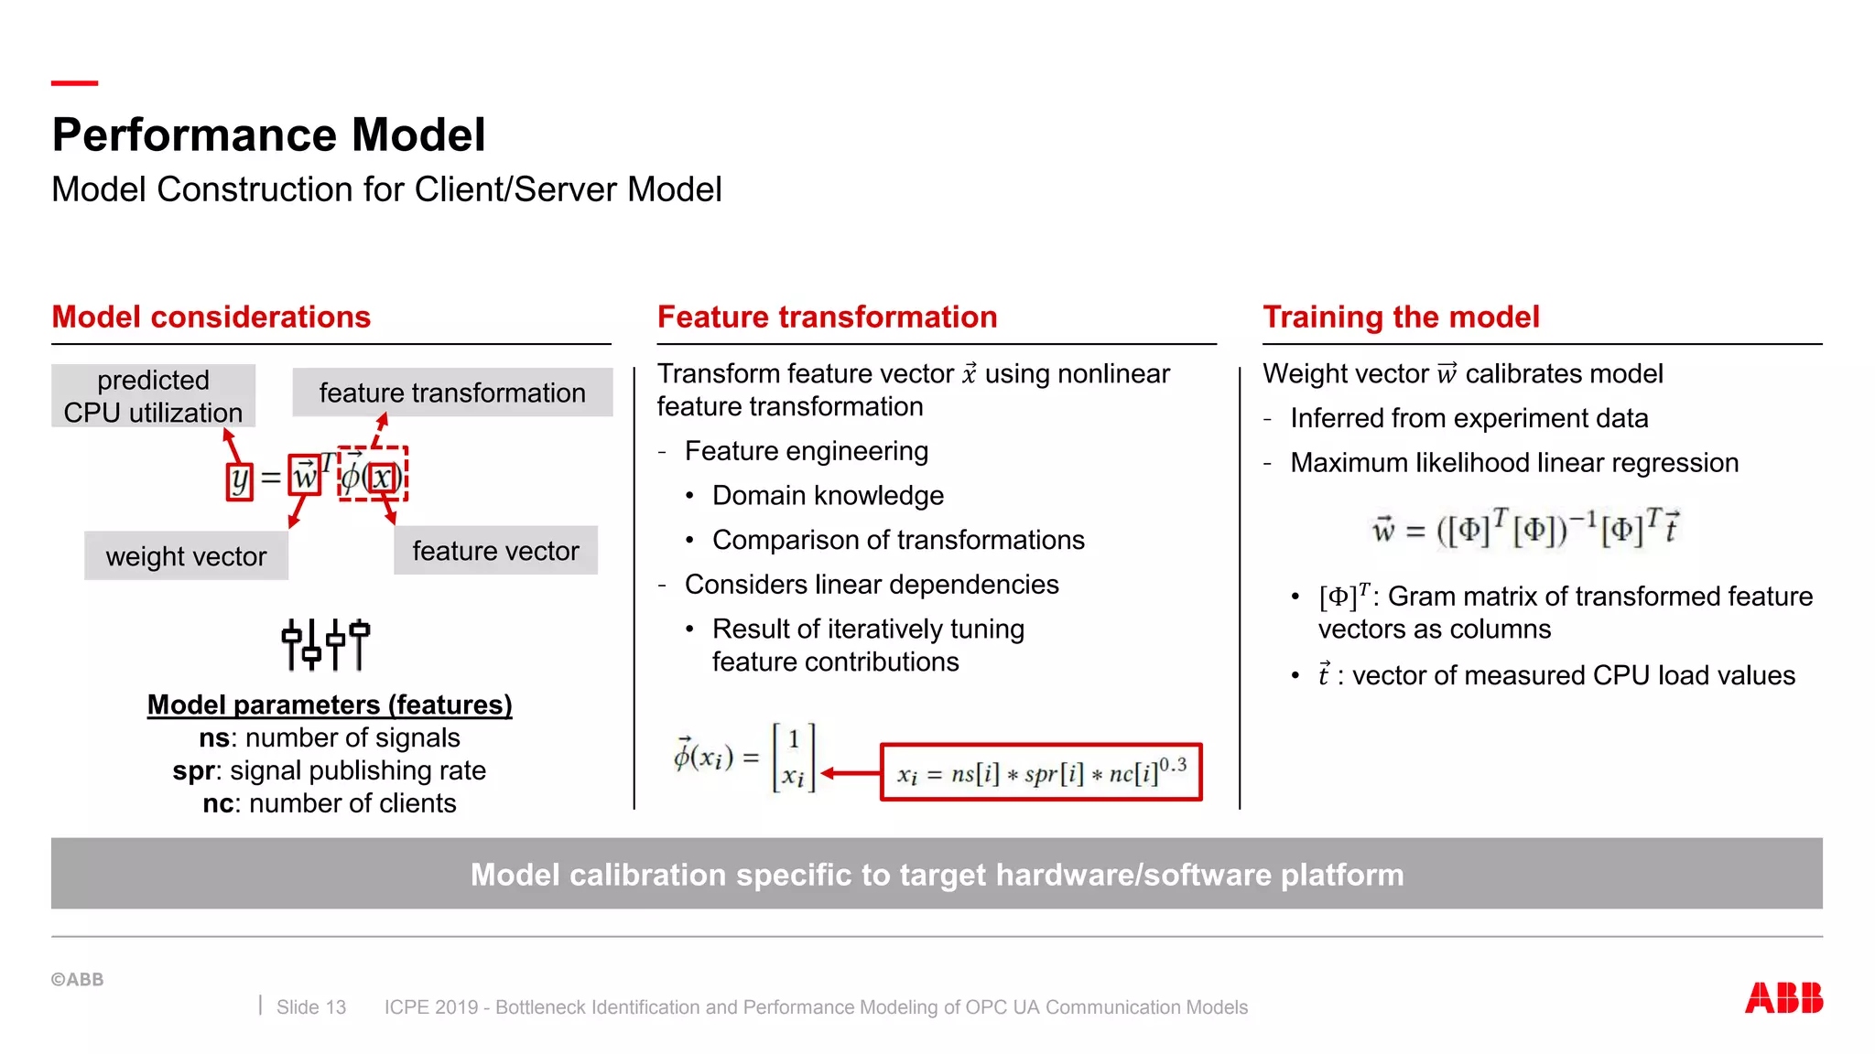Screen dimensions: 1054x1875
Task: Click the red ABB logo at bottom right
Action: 1783,997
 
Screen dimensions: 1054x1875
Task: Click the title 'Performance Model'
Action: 268,134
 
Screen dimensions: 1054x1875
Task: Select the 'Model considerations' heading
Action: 211,317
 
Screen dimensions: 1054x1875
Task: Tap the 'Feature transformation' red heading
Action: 827,317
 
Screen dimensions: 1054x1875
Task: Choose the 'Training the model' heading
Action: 1401,317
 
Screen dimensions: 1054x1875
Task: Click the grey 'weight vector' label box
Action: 186,555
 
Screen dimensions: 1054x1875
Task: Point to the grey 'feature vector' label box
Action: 495,550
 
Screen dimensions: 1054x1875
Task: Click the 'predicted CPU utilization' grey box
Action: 153,396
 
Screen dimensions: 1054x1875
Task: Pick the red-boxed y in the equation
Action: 239,479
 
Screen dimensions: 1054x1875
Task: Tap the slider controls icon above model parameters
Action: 325,644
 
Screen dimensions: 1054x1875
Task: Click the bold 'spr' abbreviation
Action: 193,770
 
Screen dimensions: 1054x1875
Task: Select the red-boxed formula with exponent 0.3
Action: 1040,773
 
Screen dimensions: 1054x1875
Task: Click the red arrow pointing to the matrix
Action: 850,773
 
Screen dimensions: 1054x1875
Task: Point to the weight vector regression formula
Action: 1525,528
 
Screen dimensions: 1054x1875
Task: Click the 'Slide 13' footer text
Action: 311,1007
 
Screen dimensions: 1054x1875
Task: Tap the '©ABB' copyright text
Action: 78,979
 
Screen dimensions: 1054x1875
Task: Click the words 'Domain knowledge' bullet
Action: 828,495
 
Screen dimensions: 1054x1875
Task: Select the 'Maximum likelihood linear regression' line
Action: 1513,463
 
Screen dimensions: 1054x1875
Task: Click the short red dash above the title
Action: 74,83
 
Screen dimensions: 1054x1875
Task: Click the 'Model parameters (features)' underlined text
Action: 330,704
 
